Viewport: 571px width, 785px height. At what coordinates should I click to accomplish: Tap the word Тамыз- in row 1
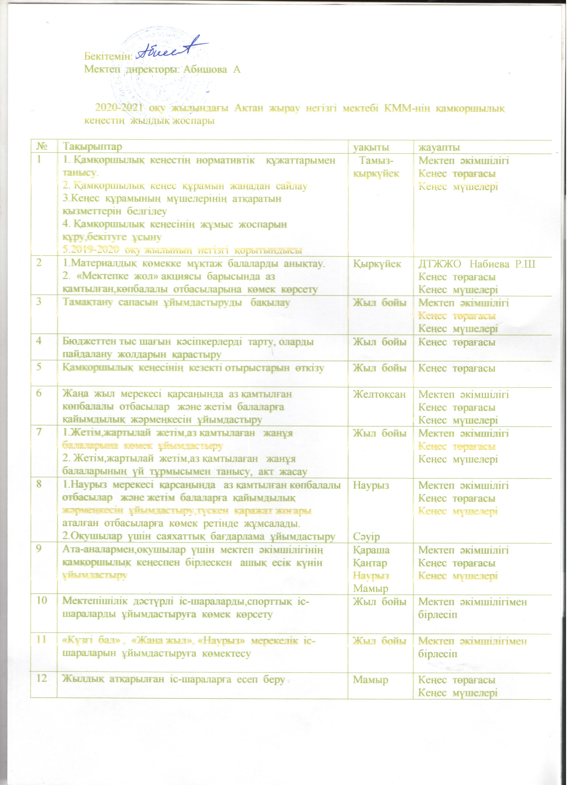pos(376,161)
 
